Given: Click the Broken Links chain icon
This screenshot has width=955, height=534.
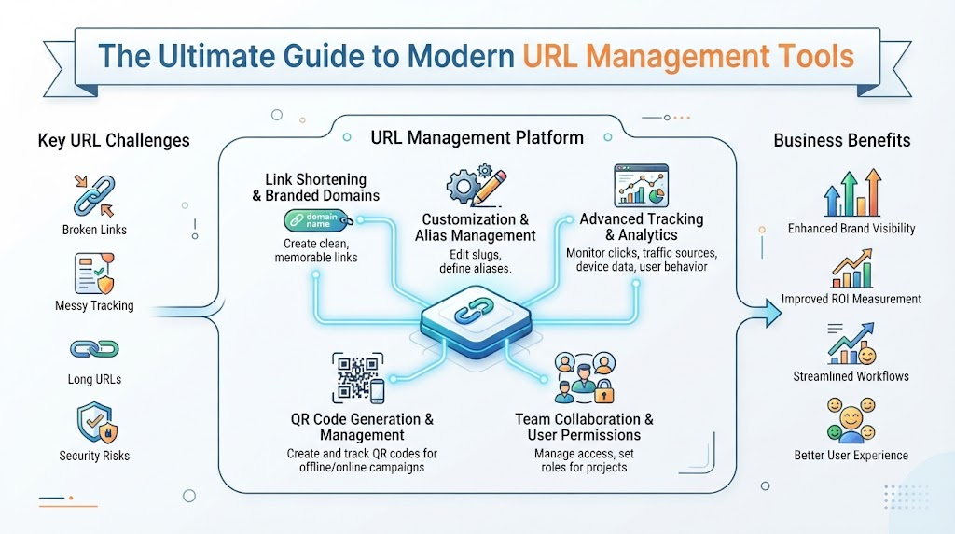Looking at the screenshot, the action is pyautogui.click(x=94, y=196).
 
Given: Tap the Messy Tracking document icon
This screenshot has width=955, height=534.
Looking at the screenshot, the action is pyautogui.click(x=94, y=274).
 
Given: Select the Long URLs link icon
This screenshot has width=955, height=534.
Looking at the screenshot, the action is pyautogui.click(x=94, y=348).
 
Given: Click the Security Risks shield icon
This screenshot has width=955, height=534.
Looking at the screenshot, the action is pyautogui.click(x=97, y=423).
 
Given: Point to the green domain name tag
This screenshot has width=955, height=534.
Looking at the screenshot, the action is pyautogui.click(x=317, y=220).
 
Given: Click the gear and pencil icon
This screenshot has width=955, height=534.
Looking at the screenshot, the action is pyautogui.click(x=477, y=186).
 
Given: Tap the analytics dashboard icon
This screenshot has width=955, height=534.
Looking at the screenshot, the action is pyautogui.click(x=642, y=186).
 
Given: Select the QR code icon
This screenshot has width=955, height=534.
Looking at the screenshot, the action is pyautogui.click(x=358, y=378).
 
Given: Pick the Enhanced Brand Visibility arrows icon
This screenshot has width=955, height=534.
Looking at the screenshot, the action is pyautogui.click(x=851, y=192).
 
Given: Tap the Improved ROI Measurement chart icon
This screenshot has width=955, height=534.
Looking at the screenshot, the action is pyautogui.click(x=852, y=268).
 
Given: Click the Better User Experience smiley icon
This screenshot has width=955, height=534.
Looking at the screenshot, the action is pyautogui.click(x=851, y=420).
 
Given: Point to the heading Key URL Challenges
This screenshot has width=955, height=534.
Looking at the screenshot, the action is pyautogui.click(x=114, y=141).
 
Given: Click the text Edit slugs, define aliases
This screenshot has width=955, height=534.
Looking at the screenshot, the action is pyautogui.click(x=476, y=261).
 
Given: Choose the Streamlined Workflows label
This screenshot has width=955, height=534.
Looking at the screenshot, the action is pyautogui.click(x=851, y=377).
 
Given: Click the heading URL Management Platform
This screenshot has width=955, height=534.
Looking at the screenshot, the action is pyautogui.click(x=477, y=138).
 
